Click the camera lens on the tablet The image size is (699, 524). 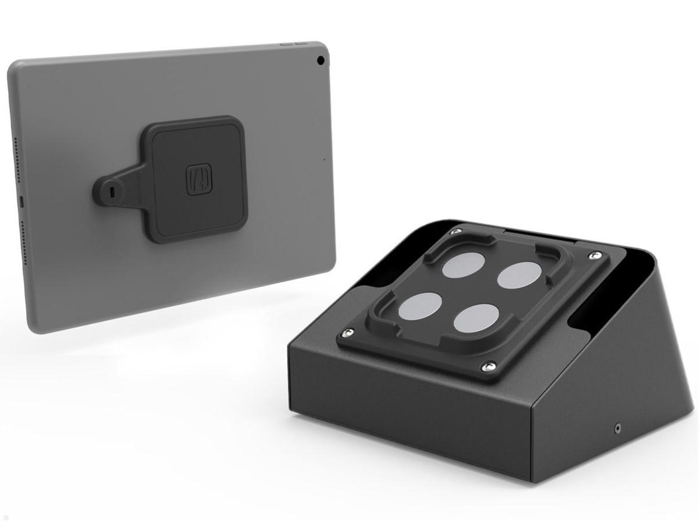point(320,60)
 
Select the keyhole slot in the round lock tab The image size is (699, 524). point(112,191)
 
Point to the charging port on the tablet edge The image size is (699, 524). point(22,201)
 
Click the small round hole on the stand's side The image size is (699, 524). point(617,428)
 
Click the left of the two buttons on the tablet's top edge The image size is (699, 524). point(285,43)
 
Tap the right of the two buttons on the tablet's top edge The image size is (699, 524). point(300,43)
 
